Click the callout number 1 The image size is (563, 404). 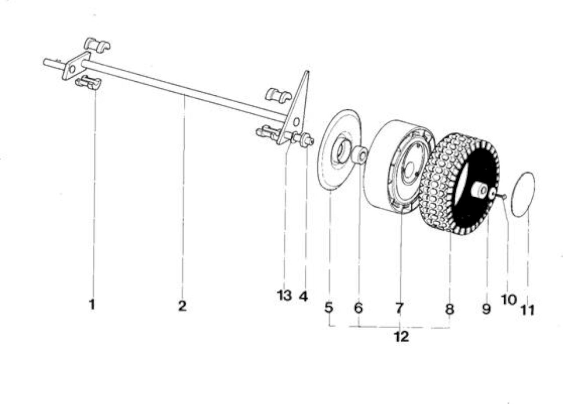92,304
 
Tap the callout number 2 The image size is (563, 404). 183,306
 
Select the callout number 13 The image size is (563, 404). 284,296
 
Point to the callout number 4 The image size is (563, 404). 303,296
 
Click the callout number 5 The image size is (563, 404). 329,307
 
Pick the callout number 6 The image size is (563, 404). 358,308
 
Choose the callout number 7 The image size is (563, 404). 399,308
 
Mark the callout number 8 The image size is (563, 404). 450,309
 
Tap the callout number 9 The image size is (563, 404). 486,309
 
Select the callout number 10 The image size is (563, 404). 509,299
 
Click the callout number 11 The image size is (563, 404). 528,310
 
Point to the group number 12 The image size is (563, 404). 402,336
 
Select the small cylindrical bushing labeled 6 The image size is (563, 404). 360,155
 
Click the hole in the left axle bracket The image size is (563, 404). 72,69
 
